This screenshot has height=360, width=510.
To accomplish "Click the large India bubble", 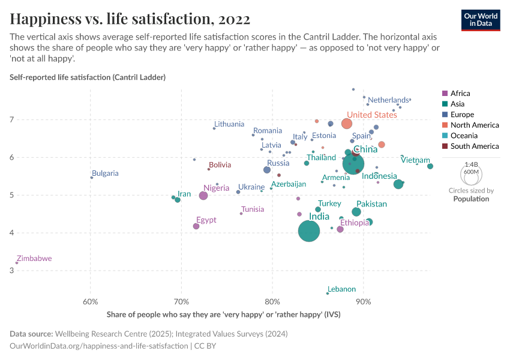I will (x=309, y=230).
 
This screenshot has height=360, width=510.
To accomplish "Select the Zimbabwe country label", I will (x=34, y=259).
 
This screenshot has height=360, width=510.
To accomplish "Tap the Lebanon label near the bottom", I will (x=341, y=289).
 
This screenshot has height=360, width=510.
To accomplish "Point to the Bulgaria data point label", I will (x=105, y=173).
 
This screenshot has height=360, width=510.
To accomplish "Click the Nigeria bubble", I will (x=203, y=196).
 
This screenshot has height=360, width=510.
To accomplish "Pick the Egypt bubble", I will (x=196, y=226).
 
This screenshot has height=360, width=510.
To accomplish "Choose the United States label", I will (x=372, y=115).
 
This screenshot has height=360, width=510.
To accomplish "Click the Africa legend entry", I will (x=460, y=94).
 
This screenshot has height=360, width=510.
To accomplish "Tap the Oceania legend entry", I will (x=464, y=136).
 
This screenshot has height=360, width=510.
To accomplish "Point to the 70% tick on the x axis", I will (x=181, y=301).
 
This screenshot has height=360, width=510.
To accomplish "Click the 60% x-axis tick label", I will (x=90, y=301).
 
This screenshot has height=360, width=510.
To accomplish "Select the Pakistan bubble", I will (x=356, y=212).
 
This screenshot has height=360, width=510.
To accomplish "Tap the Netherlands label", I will (x=388, y=100).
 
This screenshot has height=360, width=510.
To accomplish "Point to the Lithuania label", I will (x=229, y=124).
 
